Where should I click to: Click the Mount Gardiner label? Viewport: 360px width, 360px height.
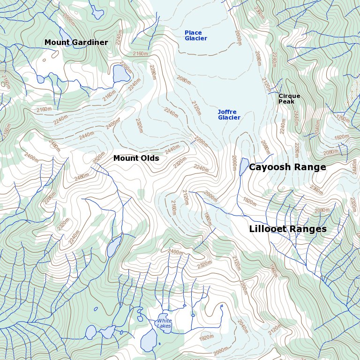click(x=76, y=43)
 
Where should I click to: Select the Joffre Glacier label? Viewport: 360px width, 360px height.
click(x=229, y=115)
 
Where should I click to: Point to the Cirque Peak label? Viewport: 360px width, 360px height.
click(x=289, y=99)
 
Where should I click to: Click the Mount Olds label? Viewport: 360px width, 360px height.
click(x=136, y=158)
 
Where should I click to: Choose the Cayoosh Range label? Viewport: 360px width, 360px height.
click(x=287, y=167)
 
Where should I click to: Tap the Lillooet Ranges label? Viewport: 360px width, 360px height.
click(x=287, y=229)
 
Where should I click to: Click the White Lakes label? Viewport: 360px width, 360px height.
click(x=164, y=323)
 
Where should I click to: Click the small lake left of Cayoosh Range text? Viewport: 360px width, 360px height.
click(x=243, y=166)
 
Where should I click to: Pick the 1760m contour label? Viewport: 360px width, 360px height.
click(x=343, y=119)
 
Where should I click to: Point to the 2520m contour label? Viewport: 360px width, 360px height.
click(x=98, y=157)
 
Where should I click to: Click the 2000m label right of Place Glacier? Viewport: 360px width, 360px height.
click(x=238, y=37)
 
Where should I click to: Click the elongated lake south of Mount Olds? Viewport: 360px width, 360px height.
click(x=113, y=246)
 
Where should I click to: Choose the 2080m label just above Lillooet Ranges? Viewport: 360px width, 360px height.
click(x=322, y=210)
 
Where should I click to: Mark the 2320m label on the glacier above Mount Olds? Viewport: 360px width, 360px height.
click(x=139, y=125)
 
